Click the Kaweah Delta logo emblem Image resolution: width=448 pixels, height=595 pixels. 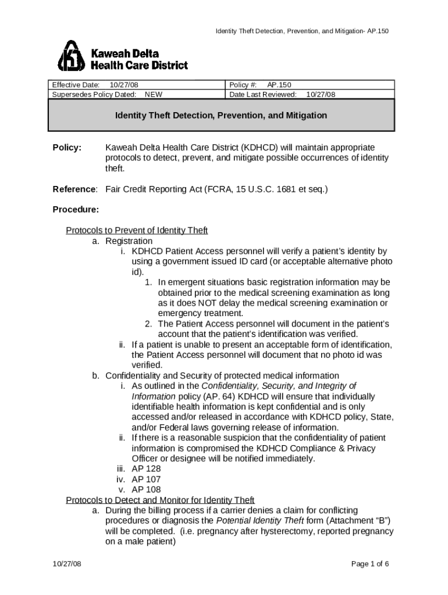pos(71,56)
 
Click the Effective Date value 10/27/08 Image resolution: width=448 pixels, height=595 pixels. pos(124,85)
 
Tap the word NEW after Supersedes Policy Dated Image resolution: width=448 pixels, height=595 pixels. pos(153,94)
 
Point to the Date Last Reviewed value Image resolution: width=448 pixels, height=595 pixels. pos(321,94)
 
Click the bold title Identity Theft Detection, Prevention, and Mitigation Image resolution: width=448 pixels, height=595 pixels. pos(221,116)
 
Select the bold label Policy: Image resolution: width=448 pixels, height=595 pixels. pos(67,148)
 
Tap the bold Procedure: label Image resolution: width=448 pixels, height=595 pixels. pos(76,209)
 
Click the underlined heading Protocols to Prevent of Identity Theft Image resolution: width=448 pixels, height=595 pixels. pos(137,231)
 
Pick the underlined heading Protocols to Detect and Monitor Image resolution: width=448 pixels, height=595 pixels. pos(160,500)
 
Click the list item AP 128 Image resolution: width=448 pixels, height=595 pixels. pos(146,469)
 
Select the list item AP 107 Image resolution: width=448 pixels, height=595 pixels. pos(146,479)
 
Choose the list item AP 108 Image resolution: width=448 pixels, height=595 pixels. pos(146,490)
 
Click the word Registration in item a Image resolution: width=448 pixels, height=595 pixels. pos(129,241)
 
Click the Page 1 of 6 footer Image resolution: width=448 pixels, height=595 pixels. pos(370,564)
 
